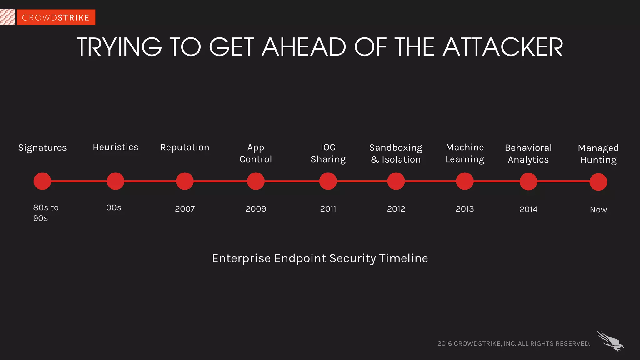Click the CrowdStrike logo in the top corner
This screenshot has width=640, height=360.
(56, 17)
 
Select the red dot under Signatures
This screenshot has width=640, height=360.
(42, 181)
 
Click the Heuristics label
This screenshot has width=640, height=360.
(115, 147)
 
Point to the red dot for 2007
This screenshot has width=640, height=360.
(185, 181)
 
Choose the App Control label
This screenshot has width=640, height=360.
(256, 153)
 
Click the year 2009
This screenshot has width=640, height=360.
(256, 209)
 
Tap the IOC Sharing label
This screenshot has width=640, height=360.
(328, 153)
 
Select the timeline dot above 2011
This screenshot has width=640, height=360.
(328, 181)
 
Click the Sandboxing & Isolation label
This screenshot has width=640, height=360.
(396, 153)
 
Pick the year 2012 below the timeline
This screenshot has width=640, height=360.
(396, 209)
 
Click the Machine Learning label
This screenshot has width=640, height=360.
(465, 153)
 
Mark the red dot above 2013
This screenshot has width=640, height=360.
(465, 181)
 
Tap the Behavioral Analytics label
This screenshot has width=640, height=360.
(528, 153)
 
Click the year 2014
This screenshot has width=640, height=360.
(528, 209)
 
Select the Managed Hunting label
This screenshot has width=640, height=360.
(598, 154)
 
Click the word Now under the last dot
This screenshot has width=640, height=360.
(598, 210)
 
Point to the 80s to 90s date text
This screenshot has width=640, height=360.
(46, 213)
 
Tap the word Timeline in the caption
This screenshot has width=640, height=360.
(403, 258)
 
